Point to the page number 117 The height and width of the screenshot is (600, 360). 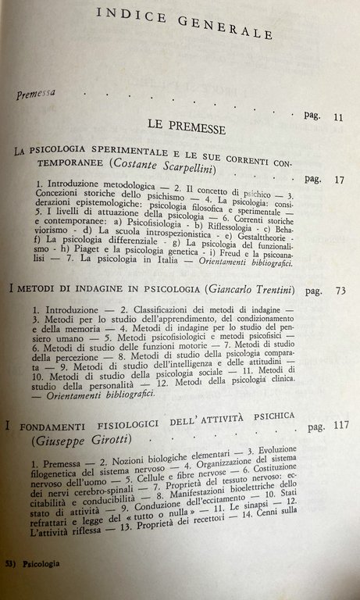coord(338,427)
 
